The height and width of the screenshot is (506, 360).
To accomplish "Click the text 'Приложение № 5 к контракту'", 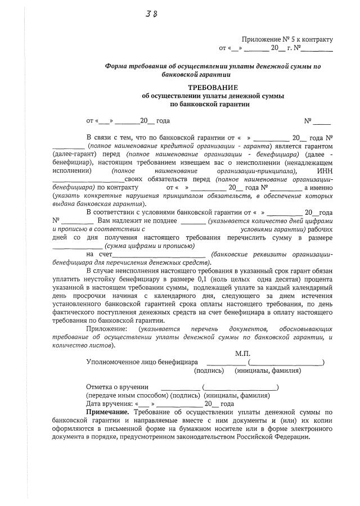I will click(287, 39).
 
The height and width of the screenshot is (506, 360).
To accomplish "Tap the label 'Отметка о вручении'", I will click(117, 387).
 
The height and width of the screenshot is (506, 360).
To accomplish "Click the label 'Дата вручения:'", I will click(110, 404).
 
